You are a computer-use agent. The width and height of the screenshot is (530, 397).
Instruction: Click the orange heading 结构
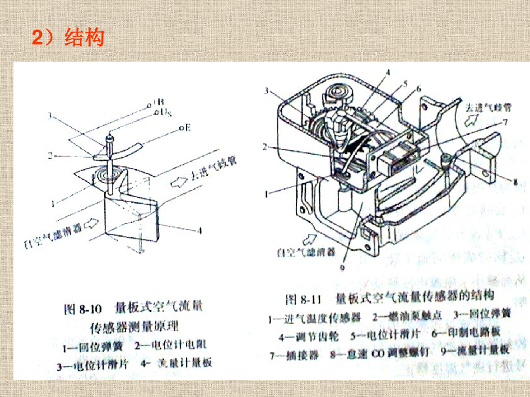coord(84,38)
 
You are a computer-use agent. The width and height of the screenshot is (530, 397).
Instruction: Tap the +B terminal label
coord(158,103)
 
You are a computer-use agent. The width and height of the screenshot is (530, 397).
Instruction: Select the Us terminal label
coord(166,112)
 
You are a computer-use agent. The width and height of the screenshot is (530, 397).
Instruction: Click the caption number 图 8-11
coord(304,299)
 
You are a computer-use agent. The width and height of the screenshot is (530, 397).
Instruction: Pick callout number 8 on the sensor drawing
coord(515,181)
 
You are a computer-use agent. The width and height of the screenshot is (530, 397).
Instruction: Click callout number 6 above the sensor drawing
coord(418,89)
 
